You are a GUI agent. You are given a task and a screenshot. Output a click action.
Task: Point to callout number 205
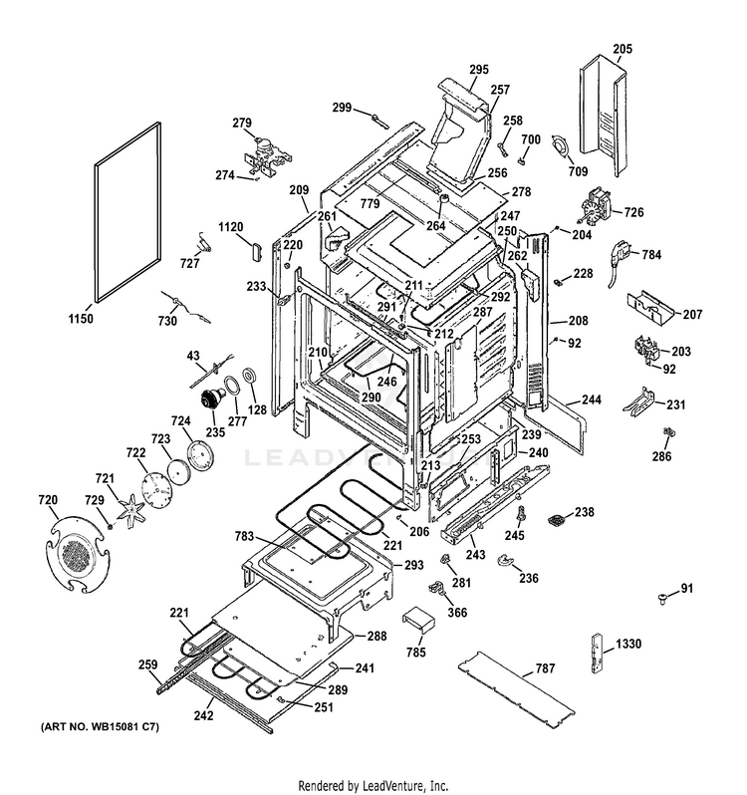622,49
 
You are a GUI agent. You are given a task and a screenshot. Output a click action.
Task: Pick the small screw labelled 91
662,596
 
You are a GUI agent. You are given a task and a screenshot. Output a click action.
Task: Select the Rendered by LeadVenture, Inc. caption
373,784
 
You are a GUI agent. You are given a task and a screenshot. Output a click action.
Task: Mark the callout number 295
479,69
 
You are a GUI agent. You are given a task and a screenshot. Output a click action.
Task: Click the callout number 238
584,512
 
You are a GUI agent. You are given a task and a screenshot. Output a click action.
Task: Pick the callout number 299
343,107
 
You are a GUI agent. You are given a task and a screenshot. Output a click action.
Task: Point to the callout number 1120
231,227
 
